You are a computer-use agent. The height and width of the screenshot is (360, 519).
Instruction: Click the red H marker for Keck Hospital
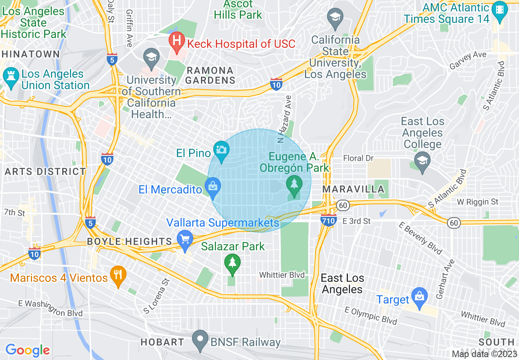click(176, 41)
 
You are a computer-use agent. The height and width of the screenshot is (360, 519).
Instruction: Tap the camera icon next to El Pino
click(221, 150)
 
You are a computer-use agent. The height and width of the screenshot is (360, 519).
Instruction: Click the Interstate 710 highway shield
click(329, 220)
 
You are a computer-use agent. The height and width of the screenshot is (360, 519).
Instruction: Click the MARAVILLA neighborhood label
click(353, 189)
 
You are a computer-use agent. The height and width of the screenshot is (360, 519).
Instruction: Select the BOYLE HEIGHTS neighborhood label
click(129, 241)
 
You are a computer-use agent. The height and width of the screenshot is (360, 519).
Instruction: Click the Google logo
click(27, 350)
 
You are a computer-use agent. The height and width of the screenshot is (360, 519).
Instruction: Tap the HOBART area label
click(162, 342)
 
